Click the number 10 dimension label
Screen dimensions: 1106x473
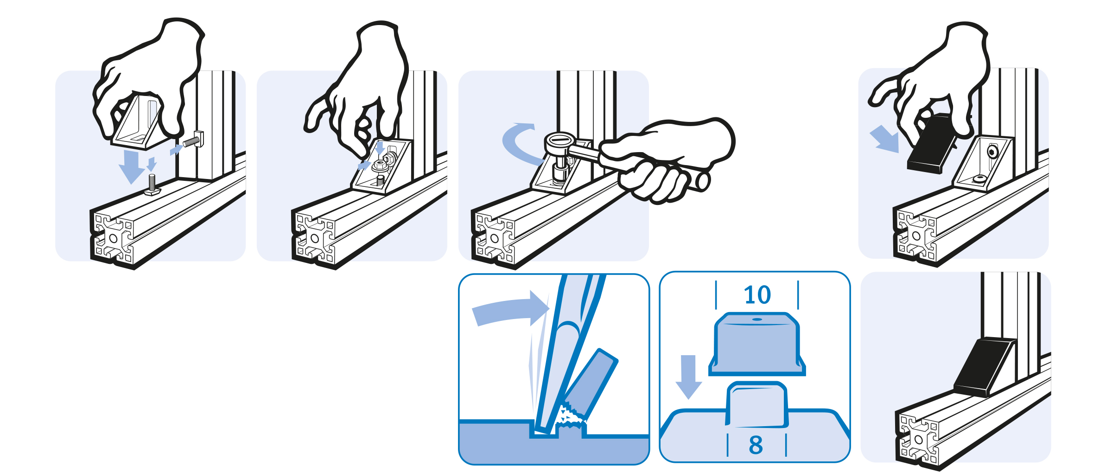pos(757,295)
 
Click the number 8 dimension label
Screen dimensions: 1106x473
pos(756,445)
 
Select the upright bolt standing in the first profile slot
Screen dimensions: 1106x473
pos(152,184)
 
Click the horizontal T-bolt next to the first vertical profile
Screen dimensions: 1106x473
pos(194,140)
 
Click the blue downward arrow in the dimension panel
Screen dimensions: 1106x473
pos(688,377)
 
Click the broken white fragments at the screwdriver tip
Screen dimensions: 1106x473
pos(571,416)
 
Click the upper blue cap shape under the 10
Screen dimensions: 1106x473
pos(757,344)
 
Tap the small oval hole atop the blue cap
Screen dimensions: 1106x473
pos(757,320)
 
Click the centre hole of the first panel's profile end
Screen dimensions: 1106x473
pos(113,238)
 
